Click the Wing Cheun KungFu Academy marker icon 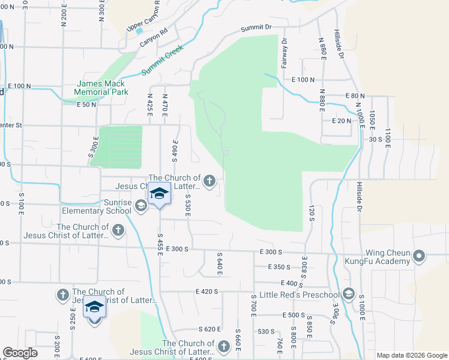pyautogui.click(x=419, y=257)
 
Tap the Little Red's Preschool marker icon pyautogui.click(x=348, y=294)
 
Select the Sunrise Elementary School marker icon pyautogui.click(x=140, y=206)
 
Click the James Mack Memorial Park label pyautogui.click(x=101, y=88)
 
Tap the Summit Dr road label pyautogui.click(x=256, y=28)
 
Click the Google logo pyautogui.click(x=20, y=353)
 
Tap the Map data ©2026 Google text pyautogui.click(x=411, y=355)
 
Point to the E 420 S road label pyautogui.click(x=207, y=292)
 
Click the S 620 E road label pyautogui.click(x=210, y=329)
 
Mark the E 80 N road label pyautogui.click(x=355, y=96)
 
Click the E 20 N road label pyautogui.click(x=341, y=121)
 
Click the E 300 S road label pyautogui.click(x=178, y=248)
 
